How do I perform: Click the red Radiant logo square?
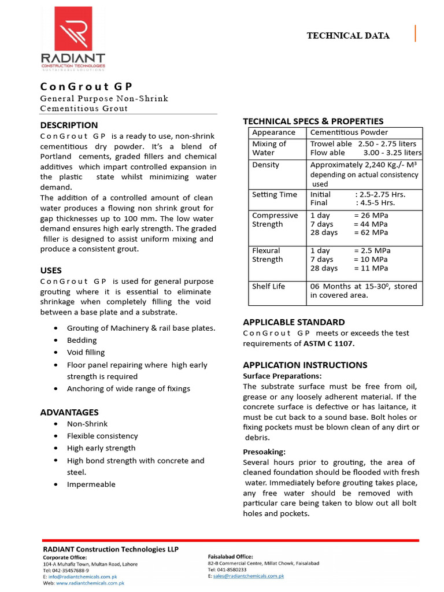(x=73, y=28)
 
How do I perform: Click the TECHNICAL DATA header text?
(x=347, y=36)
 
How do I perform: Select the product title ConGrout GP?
(x=87, y=86)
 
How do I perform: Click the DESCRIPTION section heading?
(x=69, y=125)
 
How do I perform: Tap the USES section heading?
(x=51, y=270)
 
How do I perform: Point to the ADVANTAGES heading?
(x=69, y=412)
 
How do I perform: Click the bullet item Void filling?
(x=86, y=352)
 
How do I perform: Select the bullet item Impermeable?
(x=91, y=484)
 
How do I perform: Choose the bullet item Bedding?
(x=82, y=340)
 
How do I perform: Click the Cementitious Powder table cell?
(x=349, y=132)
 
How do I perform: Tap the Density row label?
(x=265, y=165)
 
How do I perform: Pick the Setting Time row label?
(x=274, y=194)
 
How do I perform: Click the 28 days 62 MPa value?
(x=349, y=232)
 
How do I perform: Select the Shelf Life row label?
(x=268, y=286)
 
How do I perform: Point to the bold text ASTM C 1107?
(x=329, y=343)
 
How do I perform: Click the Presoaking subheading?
(x=264, y=452)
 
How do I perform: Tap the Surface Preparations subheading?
(x=282, y=376)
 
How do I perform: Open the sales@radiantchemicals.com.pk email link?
(x=248, y=576)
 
